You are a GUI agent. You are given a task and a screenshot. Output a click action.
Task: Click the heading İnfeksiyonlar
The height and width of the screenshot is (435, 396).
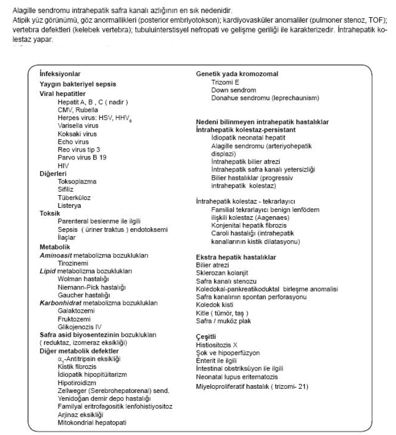tap(60, 74)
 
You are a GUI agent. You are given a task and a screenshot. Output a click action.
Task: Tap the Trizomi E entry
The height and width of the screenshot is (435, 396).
tap(226, 82)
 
